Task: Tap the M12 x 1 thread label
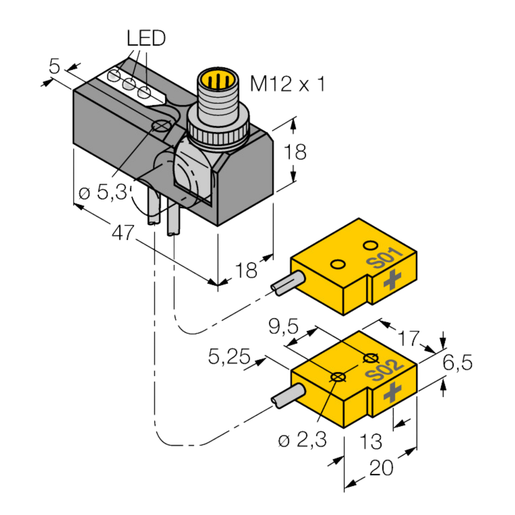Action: (287, 84)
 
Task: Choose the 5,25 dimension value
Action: (229, 357)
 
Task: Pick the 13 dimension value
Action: (371, 442)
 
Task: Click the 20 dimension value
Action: (381, 468)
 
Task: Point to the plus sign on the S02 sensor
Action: (392, 392)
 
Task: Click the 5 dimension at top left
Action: (54, 66)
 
